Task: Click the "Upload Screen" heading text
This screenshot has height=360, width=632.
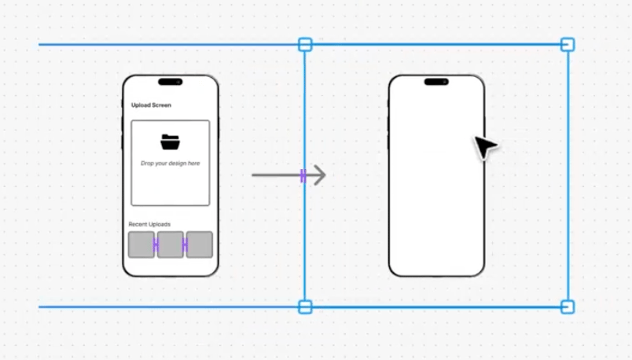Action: [x=151, y=105]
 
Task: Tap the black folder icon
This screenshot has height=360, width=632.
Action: [x=170, y=142]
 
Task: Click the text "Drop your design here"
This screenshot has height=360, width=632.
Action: [x=170, y=163]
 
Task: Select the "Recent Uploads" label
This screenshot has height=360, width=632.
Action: [x=149, y=224]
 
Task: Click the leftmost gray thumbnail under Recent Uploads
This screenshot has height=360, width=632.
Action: [x=141, y=244]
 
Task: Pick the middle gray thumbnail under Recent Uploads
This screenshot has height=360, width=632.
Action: [x=170, y=244]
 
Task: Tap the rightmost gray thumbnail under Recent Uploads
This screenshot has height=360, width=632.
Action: [x=200, y=244]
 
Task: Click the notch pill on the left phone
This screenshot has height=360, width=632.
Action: [x=170, y=82]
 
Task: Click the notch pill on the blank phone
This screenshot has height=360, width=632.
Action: [x=436, y=82]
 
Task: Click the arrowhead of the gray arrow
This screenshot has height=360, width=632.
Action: [x=320, y=175]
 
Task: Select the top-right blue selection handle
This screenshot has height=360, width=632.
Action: [x=568, y=44]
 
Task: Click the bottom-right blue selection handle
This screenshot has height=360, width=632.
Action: [x=568, y=307]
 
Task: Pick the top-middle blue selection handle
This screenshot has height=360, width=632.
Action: [x=305, y=44]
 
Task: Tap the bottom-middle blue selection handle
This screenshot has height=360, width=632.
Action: [x=305, y=307]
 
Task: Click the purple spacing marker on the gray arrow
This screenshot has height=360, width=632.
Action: [x=303, y=176]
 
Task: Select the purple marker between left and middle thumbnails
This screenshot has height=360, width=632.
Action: [x=156, y=244]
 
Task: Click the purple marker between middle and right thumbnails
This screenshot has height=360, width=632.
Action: [x=185, y=244]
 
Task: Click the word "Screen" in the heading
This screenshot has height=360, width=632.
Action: [x=162, y=105]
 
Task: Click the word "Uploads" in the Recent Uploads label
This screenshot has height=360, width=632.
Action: [x=160, y=224]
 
